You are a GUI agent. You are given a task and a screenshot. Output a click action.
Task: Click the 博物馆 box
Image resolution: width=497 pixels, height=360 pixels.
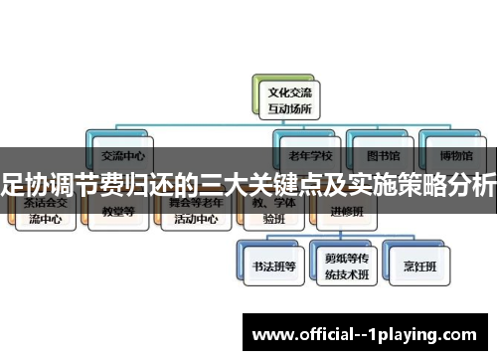(453, 154)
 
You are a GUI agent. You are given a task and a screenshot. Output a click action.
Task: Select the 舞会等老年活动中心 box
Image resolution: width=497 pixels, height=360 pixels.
(196, 212)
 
